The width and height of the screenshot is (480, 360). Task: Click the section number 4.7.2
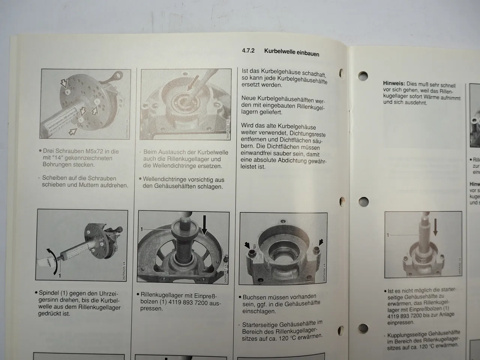click(x=248, y=50)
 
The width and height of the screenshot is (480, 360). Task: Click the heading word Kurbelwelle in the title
click(x=280, y=51)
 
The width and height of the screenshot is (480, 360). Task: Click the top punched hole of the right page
click(x=363, y=76)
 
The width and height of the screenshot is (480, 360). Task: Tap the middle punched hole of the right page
click(x=363, y=202)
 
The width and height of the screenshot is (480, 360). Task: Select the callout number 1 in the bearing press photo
click(x=142, y=229)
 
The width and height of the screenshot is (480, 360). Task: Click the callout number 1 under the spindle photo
click(x=59, y=276)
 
